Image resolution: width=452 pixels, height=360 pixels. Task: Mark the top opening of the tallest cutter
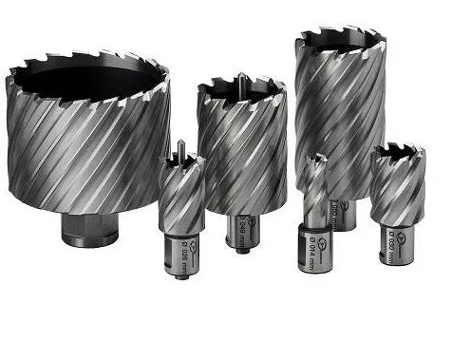tap(340, 41)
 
